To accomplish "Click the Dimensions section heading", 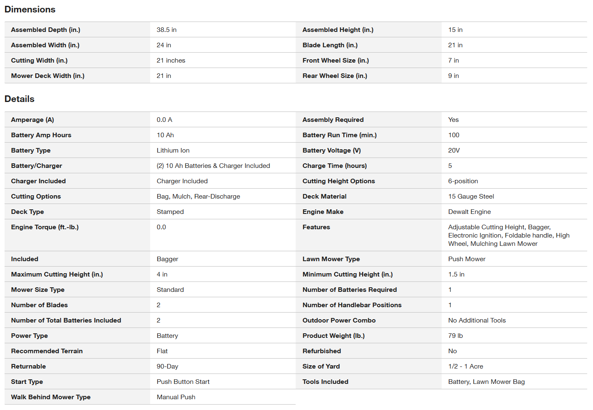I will [30, 10].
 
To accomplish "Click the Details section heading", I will [19, 99].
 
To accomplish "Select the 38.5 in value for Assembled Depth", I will [166, 30].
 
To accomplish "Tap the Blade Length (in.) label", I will [330, 45].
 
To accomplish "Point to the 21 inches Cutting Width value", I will [171, 61].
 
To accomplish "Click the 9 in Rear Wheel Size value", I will [453, 76].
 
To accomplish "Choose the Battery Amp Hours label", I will [41, 135].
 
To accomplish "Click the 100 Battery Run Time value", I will [454, 135].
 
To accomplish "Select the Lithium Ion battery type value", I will [173, 150].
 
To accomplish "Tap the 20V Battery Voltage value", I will [454, 150].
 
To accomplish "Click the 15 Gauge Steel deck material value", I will [471, 197].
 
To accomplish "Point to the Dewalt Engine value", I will [469, 212].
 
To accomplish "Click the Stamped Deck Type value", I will [170, 212].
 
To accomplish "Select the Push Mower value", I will [467, 259].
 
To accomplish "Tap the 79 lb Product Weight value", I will [455, 336].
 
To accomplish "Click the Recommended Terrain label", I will [47, 351].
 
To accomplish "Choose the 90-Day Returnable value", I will [167, 366].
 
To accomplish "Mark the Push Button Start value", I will [183, 382].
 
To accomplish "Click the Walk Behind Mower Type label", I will [51, 397].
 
